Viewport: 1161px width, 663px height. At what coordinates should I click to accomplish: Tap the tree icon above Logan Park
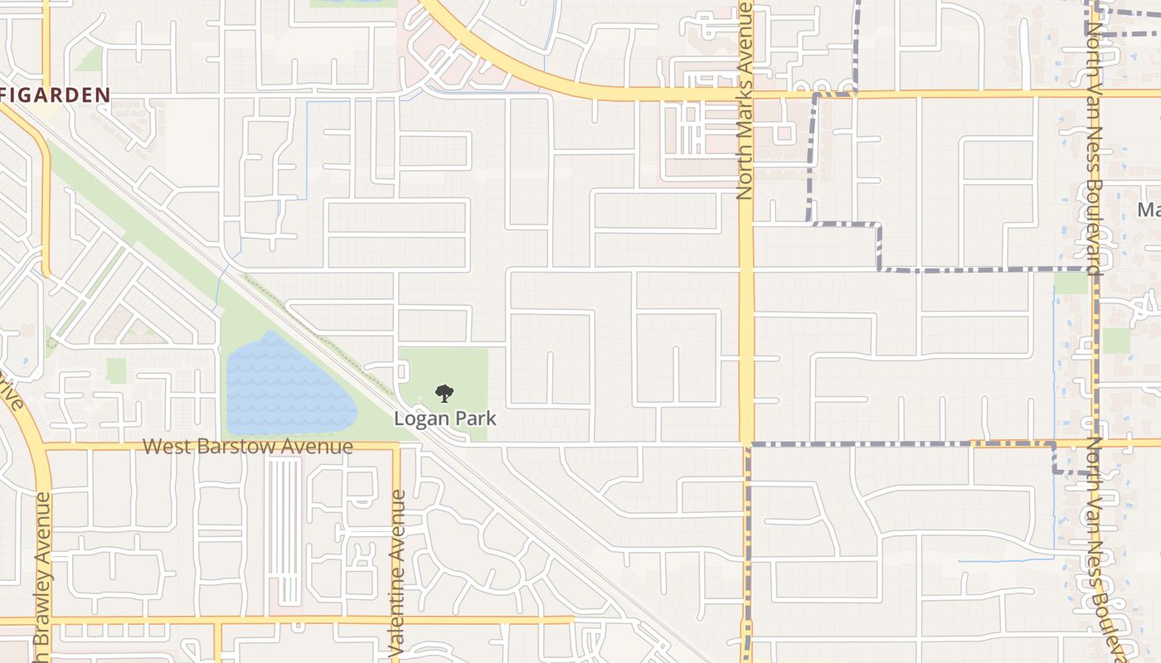click(x=444, y=393)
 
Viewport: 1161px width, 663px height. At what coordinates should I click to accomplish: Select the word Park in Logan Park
click(x=474, y=418)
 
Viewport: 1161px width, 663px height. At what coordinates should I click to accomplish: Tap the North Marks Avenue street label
click(x=744, y=101)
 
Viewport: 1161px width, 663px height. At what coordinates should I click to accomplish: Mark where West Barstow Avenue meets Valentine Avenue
click(x=396, y=446)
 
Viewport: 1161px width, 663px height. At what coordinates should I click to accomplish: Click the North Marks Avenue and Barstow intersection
click(x=746, y=444)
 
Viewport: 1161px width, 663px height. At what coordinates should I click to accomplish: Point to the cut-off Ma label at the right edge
click(x=1149, y=209)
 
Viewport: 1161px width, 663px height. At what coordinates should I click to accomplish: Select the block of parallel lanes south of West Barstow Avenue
click(x=284, y=530)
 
